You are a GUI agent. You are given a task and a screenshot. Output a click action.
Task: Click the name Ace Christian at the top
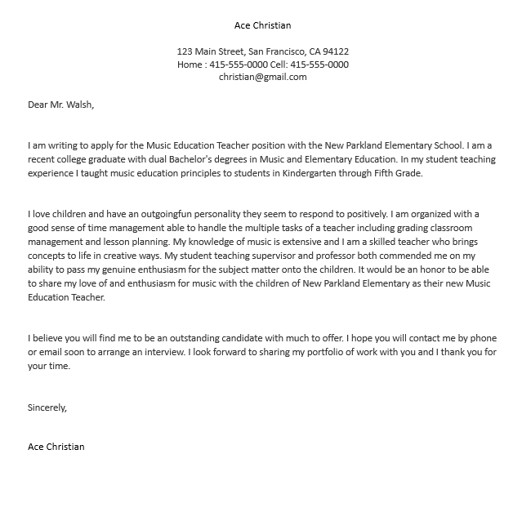point(262,25)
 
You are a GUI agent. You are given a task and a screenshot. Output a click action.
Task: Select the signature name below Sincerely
point(56,447)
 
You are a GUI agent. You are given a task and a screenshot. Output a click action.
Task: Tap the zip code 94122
point(335,51)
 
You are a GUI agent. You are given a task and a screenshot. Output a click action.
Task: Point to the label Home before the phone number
point(191,65)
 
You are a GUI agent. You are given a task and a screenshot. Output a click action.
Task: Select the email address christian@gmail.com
point(262,77)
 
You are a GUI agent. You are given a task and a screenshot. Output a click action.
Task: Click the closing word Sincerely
point(47,407)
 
